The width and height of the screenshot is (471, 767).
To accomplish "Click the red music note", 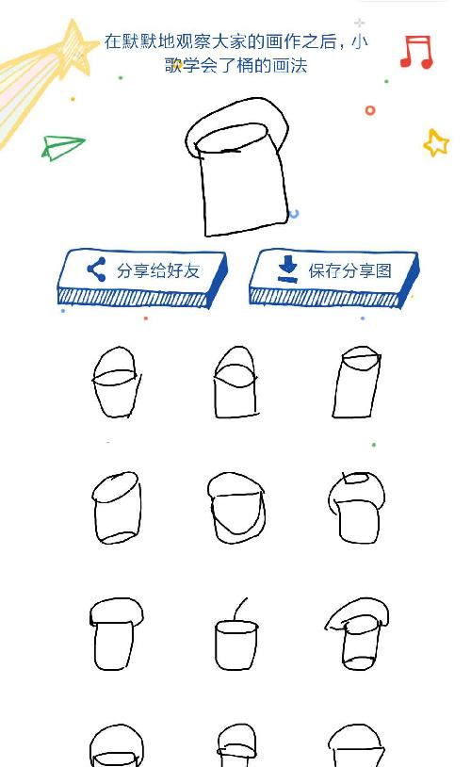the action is point(416,52).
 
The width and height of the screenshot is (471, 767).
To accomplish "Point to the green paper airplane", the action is point(62,147).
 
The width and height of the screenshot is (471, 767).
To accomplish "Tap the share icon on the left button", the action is point(96,269).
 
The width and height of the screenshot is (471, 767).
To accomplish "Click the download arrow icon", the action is point(287,269).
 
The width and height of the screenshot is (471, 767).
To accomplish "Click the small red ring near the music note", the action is point(370,110).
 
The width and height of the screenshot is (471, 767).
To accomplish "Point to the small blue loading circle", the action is point(295,213).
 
